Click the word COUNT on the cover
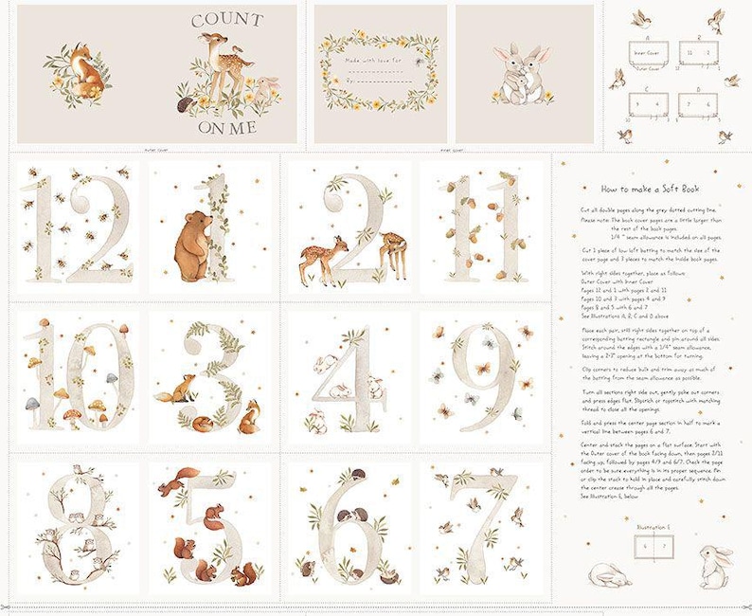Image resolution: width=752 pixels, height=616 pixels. pos(227,21)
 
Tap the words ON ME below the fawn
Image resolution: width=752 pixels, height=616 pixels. pos(226,127)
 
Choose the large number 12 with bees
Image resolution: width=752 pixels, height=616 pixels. pos(78,227)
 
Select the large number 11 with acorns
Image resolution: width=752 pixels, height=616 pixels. pos(482,227)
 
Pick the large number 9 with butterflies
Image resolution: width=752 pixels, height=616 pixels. pos(482,374)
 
